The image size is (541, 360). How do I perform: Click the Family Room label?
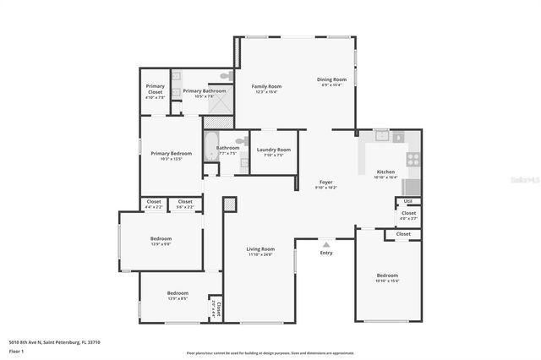click(266, 86)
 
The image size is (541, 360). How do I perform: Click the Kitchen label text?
click(385, 172)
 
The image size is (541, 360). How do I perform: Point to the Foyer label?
click(325, 182)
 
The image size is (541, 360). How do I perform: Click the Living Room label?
click(260, 248)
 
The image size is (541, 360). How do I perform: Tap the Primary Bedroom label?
click(172, 153)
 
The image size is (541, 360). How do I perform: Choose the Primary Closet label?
click(156, 88)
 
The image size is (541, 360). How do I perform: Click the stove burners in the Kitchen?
click(413, 158)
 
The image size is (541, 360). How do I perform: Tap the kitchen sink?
click(381, 134)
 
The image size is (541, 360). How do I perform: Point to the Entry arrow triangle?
click(326, 243)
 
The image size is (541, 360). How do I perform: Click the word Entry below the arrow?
click(326, 252)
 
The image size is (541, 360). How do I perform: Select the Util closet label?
click(407, 200)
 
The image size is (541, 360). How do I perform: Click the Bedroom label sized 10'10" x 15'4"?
click(387, 275)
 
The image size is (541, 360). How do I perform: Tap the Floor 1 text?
click(16, 349)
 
